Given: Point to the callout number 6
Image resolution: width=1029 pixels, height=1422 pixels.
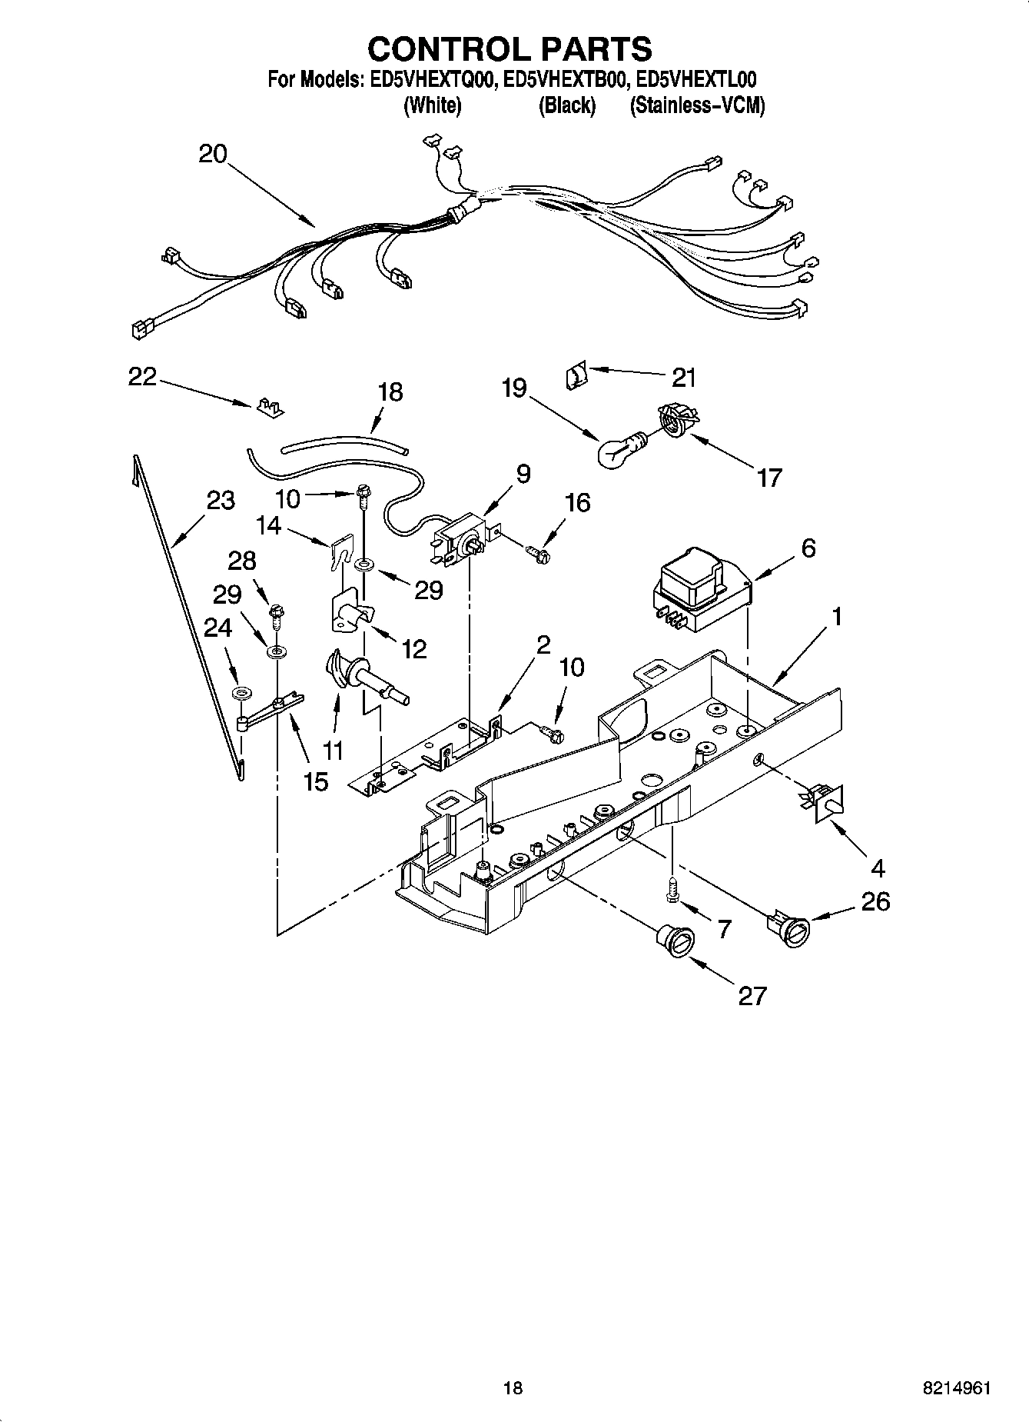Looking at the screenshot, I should (808, 548).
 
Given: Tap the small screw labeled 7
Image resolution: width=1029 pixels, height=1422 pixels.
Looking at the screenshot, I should (672, 891).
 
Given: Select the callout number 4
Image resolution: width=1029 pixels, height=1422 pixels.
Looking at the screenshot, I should (878, 868).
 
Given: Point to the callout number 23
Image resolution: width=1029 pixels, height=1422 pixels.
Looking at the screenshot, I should (221, 501).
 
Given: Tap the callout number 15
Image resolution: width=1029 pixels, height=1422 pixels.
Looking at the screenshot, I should (315, 781).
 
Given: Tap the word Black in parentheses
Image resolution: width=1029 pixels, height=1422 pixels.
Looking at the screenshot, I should (566, 105).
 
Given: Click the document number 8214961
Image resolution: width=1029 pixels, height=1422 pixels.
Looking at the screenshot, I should (956, 1388).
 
